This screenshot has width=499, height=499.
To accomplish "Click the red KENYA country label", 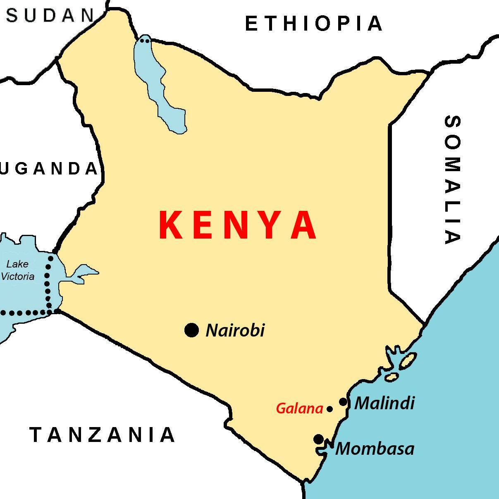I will click(x=238, y=225).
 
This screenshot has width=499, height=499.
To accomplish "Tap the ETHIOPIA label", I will click(x=314, y=24).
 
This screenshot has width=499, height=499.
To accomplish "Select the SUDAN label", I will click(x=50, y=16).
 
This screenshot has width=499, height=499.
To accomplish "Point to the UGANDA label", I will click(x=49, y=169).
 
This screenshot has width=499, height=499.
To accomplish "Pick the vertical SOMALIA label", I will click(x=452, y=180).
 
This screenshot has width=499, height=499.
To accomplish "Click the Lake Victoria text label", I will click(x=18, y=270).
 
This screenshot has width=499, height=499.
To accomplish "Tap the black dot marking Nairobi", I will click(x=191, y=330).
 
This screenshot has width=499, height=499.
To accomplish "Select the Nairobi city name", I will click(x=235, y=330).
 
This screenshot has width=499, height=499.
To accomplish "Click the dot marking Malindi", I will click(x=343, y=401).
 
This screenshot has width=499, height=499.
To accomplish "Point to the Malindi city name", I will click(x=384, y=403).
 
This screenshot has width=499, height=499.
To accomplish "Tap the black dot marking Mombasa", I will click(x=318, y=439).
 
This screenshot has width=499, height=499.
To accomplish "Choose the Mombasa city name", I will click(x=375, y=449).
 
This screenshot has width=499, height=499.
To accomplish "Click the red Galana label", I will click(x=299, y=409).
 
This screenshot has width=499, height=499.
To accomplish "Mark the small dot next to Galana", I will click(x=329, y=409).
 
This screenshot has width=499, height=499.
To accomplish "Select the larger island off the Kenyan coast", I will click(x=407, y=361).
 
